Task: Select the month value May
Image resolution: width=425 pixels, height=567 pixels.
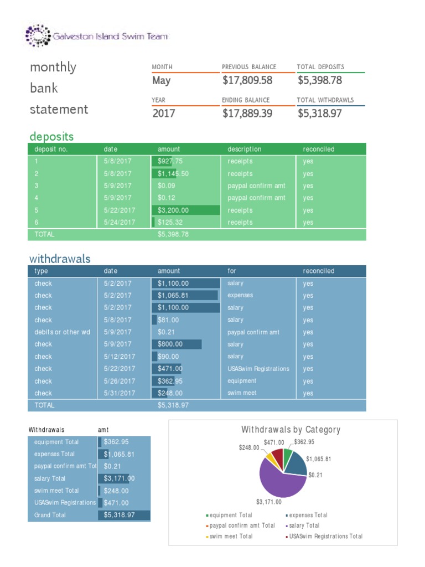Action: click(x=162, y=80)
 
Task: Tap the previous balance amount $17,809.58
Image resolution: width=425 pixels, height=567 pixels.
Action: click(x=247, y=80)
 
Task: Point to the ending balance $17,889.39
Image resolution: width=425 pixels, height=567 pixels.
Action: click(x=247, y=114)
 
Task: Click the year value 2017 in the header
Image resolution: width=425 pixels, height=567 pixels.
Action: click(x=164, y=114)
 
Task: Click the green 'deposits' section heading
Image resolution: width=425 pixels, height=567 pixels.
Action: click(x=51, y=136)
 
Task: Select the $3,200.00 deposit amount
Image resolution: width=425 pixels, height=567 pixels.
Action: click(x=173, y=210)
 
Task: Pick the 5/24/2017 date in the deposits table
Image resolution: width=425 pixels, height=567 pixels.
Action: click(x=119, y=223)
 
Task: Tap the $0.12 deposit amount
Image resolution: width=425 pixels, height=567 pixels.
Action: click(x=166, y=198)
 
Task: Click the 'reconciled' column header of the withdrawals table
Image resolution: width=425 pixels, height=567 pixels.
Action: click(x=318, y=271)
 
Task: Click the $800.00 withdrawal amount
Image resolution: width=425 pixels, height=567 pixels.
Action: click(x=170, y=344)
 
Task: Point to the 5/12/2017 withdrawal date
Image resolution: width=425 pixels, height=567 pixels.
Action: click(x=119, y=357)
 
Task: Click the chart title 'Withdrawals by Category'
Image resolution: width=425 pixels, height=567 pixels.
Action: click(x=291, y=430)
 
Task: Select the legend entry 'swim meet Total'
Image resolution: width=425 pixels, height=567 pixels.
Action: click(x=231, y=536)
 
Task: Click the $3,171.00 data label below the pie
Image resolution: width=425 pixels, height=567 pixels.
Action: click(x=268, y=502)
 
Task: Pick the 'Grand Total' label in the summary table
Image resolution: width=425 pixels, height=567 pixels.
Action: click(x=50, y=515)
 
